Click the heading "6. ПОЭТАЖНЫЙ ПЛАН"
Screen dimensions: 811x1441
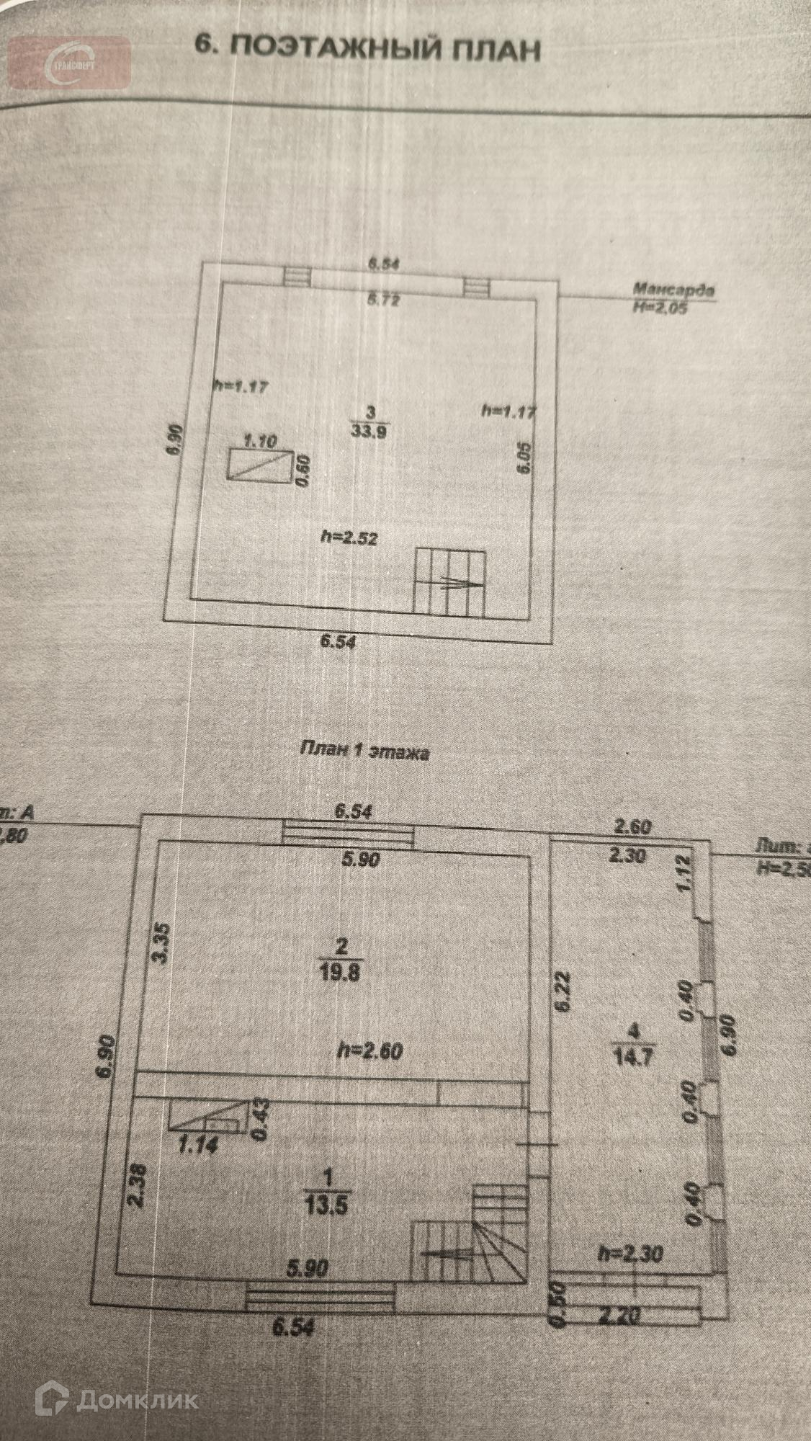[x=368, y=49]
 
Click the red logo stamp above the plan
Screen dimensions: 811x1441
[x=70, y=63]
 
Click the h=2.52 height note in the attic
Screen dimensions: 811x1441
[x=349, y=537]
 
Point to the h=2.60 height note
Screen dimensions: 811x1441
[x=370, y=1051]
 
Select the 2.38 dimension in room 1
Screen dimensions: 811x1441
[x=140, y=1184]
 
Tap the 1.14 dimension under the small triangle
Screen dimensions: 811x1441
[x=197, y=1143]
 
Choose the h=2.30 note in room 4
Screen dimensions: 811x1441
[x=632, y=1253]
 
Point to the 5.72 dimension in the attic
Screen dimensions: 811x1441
[x=382, y=300]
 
